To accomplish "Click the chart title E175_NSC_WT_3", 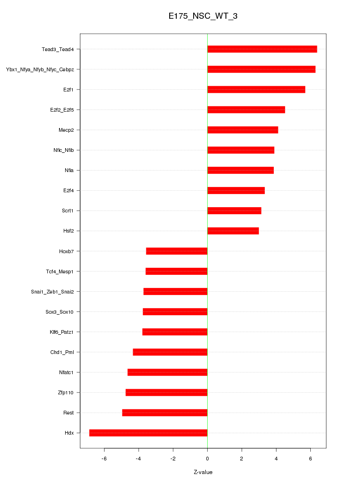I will coord(203,16).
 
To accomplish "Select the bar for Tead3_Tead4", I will coord(262,49).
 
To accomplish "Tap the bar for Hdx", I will coord(148,433).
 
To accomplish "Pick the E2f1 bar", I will coord(256,90).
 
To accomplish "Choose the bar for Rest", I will coord(165,413).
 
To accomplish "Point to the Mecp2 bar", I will coord(242,130).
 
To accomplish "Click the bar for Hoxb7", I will coord(177,251).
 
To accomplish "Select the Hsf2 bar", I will coord(233,231).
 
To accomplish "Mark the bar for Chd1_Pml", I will coord(170,352).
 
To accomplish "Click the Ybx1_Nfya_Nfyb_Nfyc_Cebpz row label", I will coord(40,69).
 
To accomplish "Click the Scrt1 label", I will coord(68,211).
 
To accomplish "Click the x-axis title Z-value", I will coord(203,472).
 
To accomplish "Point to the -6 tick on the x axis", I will coord(104,459).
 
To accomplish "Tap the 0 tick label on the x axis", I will coord(207,459).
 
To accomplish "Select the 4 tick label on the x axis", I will coord(276,459).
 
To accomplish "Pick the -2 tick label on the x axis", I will coord(172,459).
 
